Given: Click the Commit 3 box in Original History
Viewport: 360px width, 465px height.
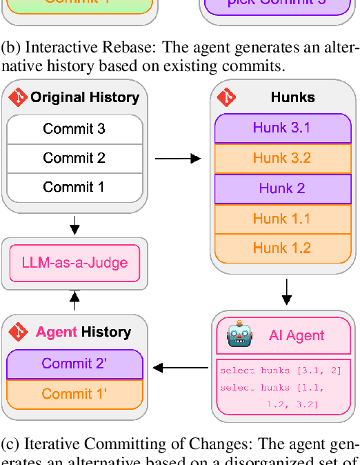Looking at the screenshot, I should [74, 128].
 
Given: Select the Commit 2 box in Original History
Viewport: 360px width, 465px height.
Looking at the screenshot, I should [74, 158].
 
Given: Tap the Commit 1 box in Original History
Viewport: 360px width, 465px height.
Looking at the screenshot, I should [74, 187].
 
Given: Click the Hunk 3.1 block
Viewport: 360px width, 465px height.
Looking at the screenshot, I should [281, 128].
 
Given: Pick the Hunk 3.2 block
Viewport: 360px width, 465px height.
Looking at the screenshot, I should [281, 158].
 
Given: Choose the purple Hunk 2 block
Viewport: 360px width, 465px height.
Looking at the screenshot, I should [281, 188].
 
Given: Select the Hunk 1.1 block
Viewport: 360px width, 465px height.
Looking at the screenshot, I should [281, 219].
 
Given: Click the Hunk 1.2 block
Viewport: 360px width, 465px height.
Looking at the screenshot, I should [281, 248].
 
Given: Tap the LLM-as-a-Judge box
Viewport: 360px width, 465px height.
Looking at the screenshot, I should [74, 263].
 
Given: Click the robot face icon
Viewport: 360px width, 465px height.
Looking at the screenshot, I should [240, 335].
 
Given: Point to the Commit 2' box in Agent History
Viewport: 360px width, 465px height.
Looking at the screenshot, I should [74, 364].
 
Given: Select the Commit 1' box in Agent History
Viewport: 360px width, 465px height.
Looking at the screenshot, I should [74, 394].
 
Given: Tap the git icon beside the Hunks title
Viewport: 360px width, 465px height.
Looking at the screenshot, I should [226, 97].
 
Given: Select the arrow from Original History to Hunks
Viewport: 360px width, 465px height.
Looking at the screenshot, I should [178, 159].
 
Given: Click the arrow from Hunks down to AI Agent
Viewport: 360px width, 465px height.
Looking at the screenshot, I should [286, 292].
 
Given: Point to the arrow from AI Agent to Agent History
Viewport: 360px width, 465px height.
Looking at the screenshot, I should [180, 368].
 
